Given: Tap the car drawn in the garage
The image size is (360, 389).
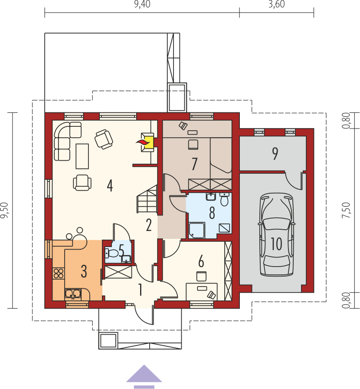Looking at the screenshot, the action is (276, 234).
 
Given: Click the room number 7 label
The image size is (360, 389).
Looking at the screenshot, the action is (194, 164).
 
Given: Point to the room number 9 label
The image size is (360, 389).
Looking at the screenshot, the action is (275, 154).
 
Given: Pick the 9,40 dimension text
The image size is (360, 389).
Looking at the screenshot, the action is (142, 4).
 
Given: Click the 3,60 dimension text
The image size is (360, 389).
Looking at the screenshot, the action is (277, 4).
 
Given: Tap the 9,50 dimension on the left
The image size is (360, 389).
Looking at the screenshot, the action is (4, 211).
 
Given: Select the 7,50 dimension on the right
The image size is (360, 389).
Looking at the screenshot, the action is (347, 211).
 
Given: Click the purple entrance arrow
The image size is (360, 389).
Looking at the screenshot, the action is (144, 376).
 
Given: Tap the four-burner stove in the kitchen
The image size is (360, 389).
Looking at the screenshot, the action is (59, 274).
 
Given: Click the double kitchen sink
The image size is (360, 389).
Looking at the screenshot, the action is (73, 294).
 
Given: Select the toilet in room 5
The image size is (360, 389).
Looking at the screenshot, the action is (112, 253).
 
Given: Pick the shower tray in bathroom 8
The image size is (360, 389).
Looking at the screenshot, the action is (197, 230).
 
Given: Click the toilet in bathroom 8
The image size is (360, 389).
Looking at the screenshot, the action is (224, 200).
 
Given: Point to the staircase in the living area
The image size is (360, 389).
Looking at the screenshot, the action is (147, 198).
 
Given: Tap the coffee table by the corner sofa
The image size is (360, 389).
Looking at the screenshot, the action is (82, 156).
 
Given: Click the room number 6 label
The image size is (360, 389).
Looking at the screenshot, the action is (201, 261).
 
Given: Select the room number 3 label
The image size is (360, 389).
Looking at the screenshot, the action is (84, 271).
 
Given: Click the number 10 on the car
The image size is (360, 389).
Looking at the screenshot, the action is (276, 244).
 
